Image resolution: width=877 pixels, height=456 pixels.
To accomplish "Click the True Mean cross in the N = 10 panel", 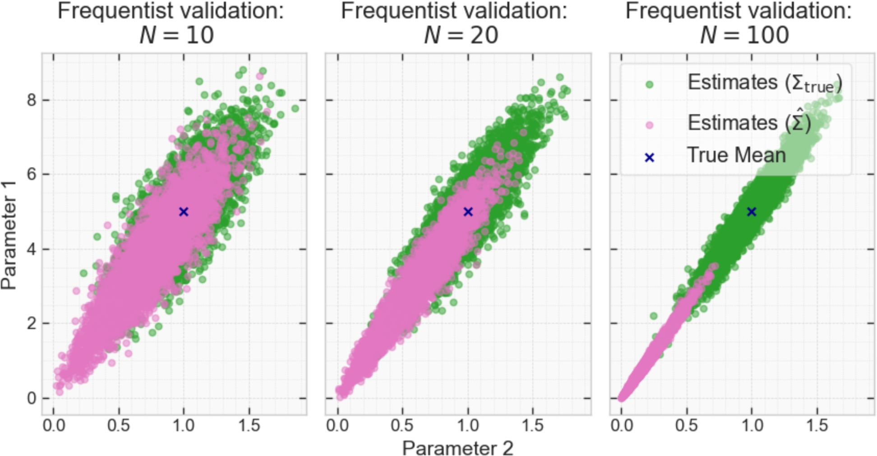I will (184, 212).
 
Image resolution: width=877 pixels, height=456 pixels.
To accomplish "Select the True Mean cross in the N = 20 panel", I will (468, 212).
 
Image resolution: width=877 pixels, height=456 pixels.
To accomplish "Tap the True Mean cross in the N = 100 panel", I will (752, 212).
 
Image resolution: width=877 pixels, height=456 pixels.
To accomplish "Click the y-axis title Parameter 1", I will (9, 235).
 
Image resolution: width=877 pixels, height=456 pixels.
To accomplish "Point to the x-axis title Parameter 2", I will (457, 448).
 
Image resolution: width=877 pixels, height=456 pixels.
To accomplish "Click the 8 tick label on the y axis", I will (31, 100).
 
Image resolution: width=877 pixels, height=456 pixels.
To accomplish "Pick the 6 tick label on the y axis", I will (31, 174).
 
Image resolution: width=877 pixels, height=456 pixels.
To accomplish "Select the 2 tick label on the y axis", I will (31, 323).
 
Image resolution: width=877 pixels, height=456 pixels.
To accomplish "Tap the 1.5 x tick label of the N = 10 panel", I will (249, 425).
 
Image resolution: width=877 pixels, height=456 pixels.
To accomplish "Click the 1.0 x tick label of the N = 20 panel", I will (468, 425).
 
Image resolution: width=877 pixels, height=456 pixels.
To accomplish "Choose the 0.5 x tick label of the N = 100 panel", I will (686, 425).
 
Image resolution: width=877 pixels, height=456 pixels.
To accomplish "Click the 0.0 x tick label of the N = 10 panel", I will (54, 425).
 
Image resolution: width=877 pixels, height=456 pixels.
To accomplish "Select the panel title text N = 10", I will (177, 35).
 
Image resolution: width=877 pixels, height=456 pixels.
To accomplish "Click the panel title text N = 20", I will (461, 35).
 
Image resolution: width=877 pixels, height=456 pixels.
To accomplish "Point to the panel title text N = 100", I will (744, 35).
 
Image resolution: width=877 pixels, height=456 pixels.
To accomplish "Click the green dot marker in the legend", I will (650, 84).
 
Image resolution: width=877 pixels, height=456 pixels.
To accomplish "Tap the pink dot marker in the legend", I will (650, 125).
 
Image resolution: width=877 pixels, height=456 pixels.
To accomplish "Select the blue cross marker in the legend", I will (650, 157).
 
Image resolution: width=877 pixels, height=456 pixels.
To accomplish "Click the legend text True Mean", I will (736, 155).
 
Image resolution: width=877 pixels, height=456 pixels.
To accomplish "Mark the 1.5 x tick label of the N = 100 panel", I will (817, 425).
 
